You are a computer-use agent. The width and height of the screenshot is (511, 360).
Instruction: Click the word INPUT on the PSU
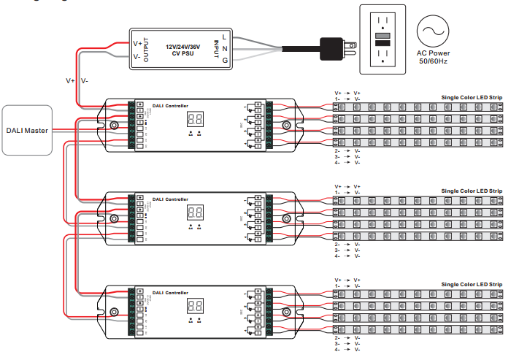(x=215, y=47)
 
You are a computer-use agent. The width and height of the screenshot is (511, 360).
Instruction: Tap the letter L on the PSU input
(x=225, y=37)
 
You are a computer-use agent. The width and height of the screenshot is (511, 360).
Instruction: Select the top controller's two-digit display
(x=195, y=120)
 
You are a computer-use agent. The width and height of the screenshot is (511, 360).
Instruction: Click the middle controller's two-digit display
(x=195, y=192)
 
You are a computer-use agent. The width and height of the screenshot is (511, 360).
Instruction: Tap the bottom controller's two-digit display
(x=195, y=306)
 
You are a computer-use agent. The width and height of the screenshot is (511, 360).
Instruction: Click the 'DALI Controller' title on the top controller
(x=169, y=106)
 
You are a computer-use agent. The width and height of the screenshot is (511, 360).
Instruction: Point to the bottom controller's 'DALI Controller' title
(x=169, y=292)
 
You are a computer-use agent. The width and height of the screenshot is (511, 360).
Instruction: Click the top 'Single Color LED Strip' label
(x=472, y=98)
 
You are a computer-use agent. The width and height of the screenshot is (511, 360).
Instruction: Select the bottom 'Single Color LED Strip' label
(x=472, y=283)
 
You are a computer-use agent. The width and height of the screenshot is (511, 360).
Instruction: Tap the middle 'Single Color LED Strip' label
(x=472, y=170)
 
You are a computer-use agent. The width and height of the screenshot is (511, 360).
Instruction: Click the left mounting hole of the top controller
(x=115, y=126)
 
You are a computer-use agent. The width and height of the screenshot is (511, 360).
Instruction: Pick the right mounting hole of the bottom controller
(x=285, y=312)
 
